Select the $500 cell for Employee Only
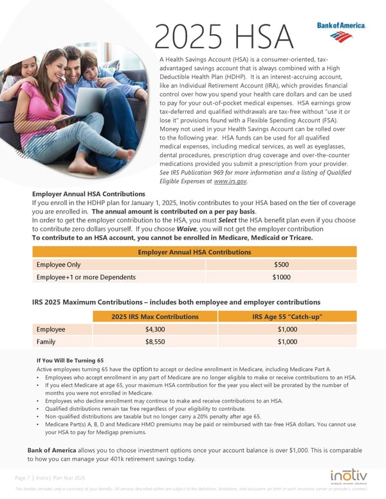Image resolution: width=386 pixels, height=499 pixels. coord(281,264)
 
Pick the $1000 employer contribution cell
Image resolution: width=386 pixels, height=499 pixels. coord(281,278)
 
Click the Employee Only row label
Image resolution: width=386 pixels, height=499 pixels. coord(59,264)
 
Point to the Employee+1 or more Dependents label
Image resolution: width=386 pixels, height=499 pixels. coord(86,278)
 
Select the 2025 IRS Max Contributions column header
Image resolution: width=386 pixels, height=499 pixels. coord(155,316)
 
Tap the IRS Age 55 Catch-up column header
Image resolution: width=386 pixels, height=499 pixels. coord(287,316)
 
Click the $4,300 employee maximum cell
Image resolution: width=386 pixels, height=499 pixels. coord(156,329)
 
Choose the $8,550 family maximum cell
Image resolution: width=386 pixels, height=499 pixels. coord(156,342)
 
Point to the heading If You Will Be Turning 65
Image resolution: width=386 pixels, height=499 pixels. coord(70,361)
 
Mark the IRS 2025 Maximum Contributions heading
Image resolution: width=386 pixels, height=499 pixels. coord(176,302)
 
